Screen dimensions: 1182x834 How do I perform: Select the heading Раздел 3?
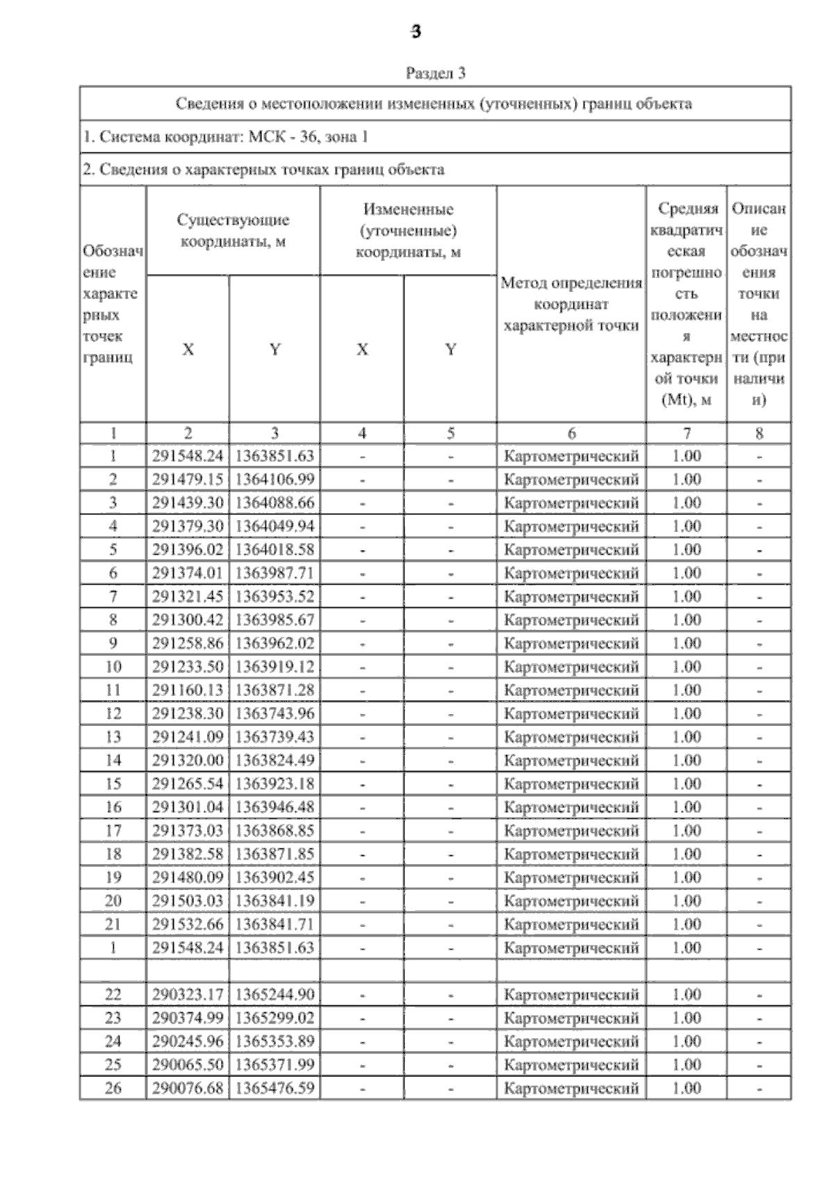pos(435,72)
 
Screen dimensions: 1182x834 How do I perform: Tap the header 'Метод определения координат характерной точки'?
pos(571,304)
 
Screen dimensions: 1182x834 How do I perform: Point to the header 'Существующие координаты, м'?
pos(233,231)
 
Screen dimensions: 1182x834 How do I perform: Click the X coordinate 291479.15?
pos(188,479)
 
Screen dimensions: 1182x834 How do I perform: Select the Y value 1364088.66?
pos(275,503)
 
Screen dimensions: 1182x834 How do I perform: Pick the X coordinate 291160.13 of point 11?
pos(188,690)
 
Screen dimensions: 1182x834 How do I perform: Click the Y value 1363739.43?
pos(275,737)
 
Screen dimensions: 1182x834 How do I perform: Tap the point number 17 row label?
pos(113,830)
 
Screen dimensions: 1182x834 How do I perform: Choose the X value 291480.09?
pos(188,877)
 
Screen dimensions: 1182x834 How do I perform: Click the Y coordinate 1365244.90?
pos(275,994)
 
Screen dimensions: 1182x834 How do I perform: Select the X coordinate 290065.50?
pos(188,1064)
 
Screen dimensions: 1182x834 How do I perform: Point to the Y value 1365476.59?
pos(275,1088)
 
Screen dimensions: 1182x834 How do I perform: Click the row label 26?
pos(113,1088)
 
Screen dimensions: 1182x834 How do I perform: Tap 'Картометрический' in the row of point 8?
pos(571,620)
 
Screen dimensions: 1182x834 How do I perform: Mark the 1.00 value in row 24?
pos(687,1041)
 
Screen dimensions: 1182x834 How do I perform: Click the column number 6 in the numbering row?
pos(571,433)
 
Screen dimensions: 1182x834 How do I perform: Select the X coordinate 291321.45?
pos(188,596)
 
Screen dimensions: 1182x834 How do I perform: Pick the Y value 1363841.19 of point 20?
pos(275,900)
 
